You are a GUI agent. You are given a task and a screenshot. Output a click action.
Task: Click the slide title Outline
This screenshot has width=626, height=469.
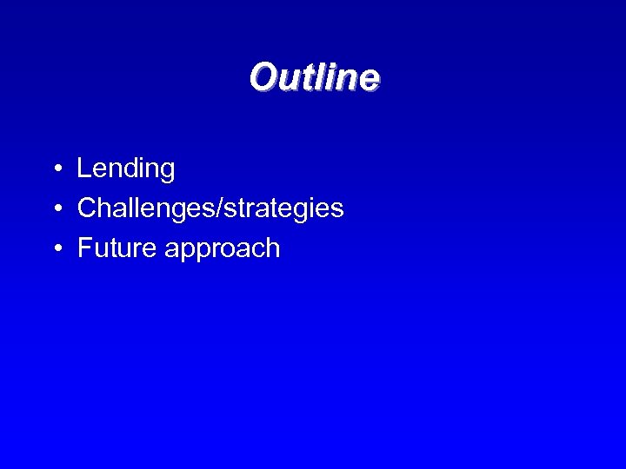tap(314, 77)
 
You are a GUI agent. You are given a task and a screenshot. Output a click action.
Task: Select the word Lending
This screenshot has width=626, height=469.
tap(125, 169)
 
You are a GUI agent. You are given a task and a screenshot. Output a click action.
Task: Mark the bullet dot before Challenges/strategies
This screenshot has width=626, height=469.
tap(55, 209)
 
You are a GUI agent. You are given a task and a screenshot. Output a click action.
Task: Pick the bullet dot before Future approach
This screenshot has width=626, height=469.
tap(55, 249)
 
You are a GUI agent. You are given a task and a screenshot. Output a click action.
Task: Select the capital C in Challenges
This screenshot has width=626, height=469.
tap(87, 208)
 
